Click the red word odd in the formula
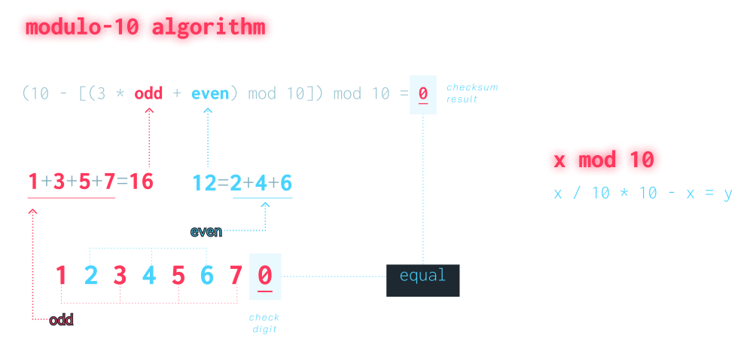149,94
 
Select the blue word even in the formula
209,94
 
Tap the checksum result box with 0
423,95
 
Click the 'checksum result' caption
471,93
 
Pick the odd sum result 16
142,182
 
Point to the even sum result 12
204,182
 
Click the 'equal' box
422,276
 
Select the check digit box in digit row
264,276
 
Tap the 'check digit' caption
264,323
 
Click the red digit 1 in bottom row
62,276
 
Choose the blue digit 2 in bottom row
91,276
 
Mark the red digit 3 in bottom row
120,276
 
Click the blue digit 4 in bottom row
149,276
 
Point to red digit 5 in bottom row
178,276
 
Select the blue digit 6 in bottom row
207,276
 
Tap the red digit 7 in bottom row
236,276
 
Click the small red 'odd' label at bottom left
62,320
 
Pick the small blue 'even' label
206,231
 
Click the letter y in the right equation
727,194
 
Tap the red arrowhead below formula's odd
149,111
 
